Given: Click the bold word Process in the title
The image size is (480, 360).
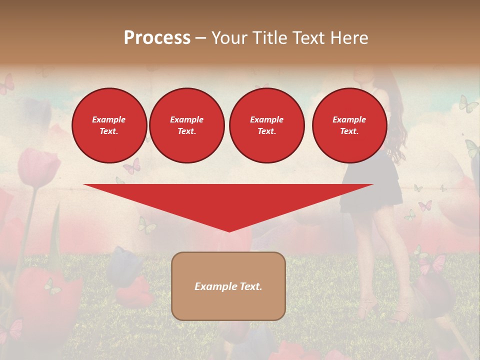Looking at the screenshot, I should pyautogui.click(x=157, y=38).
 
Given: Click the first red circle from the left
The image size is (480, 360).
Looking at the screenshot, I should pyautogui.click(x=109, y=125).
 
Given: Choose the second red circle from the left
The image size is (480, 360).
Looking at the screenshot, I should pyautogui.click(x=187, y=125).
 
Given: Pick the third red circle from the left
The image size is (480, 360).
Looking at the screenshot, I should pyautogui.click(x=266, y=125).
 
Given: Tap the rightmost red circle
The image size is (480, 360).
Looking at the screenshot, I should pyautogui.click(x=349, y=125).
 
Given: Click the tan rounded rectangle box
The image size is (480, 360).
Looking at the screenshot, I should pyautogui.click(x=228, y=286).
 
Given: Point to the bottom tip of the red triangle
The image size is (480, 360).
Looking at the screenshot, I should pyautogui.click(x=229, y=231).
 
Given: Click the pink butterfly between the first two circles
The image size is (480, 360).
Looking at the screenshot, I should pyautogui.click(x=131, y=166).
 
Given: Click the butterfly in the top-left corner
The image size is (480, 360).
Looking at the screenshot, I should pyautogui.click(x=7, y=84).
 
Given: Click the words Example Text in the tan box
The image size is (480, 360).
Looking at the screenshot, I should pyautogui.click(x=228, y=286).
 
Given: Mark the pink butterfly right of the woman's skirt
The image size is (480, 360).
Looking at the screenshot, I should pyautogui.click(x=425, y=205).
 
